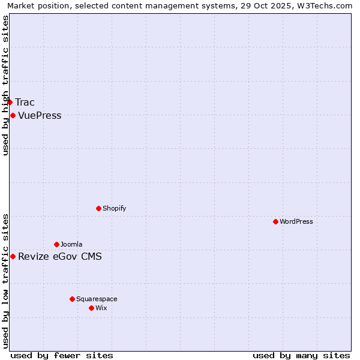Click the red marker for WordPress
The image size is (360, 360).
click(x=275, y=221)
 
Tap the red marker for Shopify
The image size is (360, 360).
click(x=98, y=208)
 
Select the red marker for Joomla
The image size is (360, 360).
click(x=56, y=244)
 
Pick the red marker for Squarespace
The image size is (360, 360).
click(x=72, y=299)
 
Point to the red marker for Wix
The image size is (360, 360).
click(x=91, y=308)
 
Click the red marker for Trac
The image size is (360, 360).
click(x=10, y=102)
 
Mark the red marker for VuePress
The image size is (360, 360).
click(x=13, y=115)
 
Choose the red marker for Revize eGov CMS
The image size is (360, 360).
click(x=13, y=256)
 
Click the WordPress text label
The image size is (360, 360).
click(x=296, y=221)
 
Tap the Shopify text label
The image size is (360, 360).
click(x=114, y=208)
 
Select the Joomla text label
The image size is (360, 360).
click(x=71, y=244)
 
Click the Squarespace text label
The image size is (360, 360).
click(x=97, y=299)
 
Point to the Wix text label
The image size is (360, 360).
click(x=101, y=308)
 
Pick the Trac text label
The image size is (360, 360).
click(x=25, y=102)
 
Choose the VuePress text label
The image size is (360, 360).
click(x=40, y=115)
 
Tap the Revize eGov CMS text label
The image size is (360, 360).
click(x=60, y=257)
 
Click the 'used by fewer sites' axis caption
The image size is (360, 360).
click(x=62, y=355)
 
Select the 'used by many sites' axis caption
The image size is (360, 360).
click(x=301, y=355)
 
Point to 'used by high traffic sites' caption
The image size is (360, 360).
click(x=5, y=85)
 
